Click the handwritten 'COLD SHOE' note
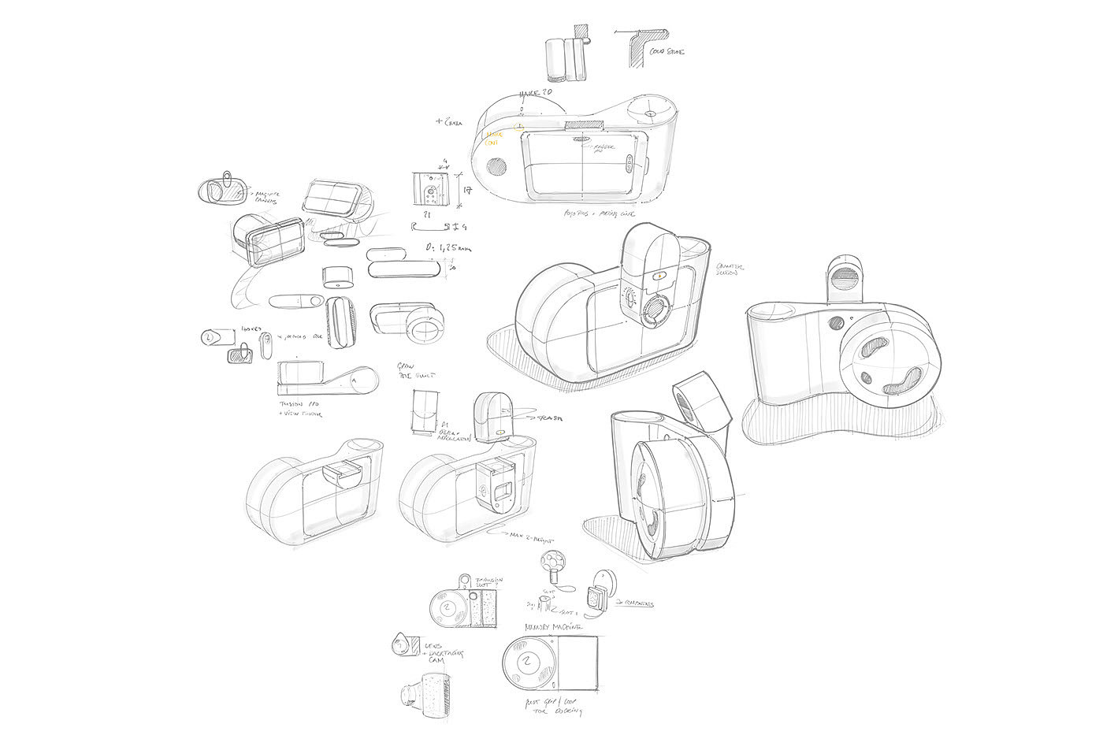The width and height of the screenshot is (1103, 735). pyautogui.click(x=667, y=51)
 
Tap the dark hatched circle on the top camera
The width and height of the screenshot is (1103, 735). pyautogui.click(x=497, y=165)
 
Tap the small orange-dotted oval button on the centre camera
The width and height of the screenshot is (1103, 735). pyautogui.click(x=659, y=277)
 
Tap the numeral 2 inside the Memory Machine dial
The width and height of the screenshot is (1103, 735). pyautogui.click(x=527, y=661)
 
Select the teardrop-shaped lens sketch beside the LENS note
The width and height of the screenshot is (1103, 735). pyautogui.click(x=402, y=645)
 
